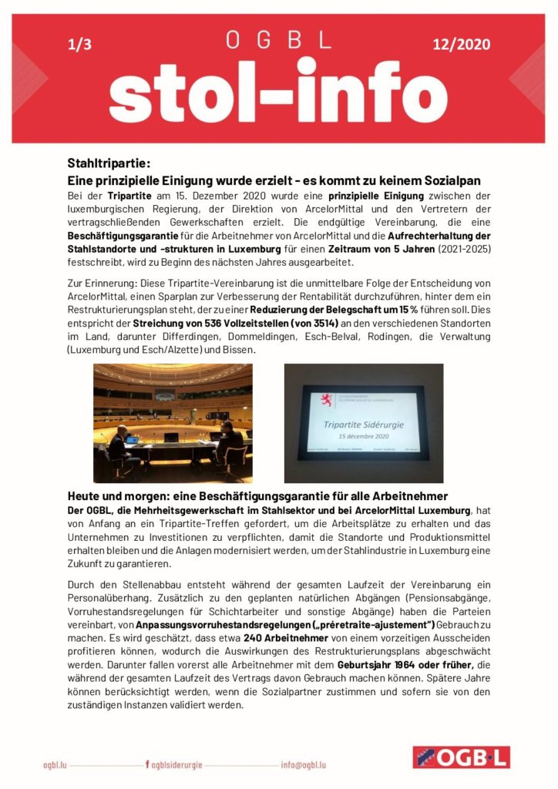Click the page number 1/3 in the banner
click(x=79, y=45)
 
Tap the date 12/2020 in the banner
click(x=461, y=45)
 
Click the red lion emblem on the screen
click(x=327, y=398)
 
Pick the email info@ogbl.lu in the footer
click(x=303, y=764)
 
